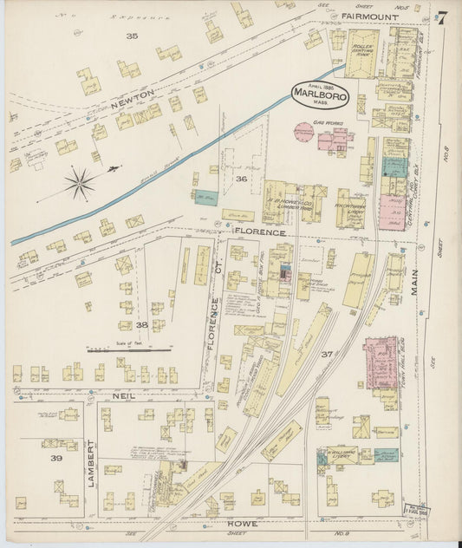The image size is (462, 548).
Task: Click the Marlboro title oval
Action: pos(320,93)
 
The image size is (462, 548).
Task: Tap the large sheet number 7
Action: pos(442,16)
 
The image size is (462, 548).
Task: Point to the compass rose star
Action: pos(80,182)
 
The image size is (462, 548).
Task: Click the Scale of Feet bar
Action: pos(116,350)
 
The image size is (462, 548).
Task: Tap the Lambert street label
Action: pos(90,463)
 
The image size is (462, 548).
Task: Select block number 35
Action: pos(132,36)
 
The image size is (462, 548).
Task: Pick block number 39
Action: pos(55,457)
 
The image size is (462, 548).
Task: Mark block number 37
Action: pos(328,354)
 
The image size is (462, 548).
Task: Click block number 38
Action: pos(141,324)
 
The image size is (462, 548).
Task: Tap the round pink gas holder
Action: pos(303,133)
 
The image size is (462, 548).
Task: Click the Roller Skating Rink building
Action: pos(361,53)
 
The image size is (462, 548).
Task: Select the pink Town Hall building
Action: pos(380,361)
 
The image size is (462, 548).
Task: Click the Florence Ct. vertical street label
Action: pos(214,323)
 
